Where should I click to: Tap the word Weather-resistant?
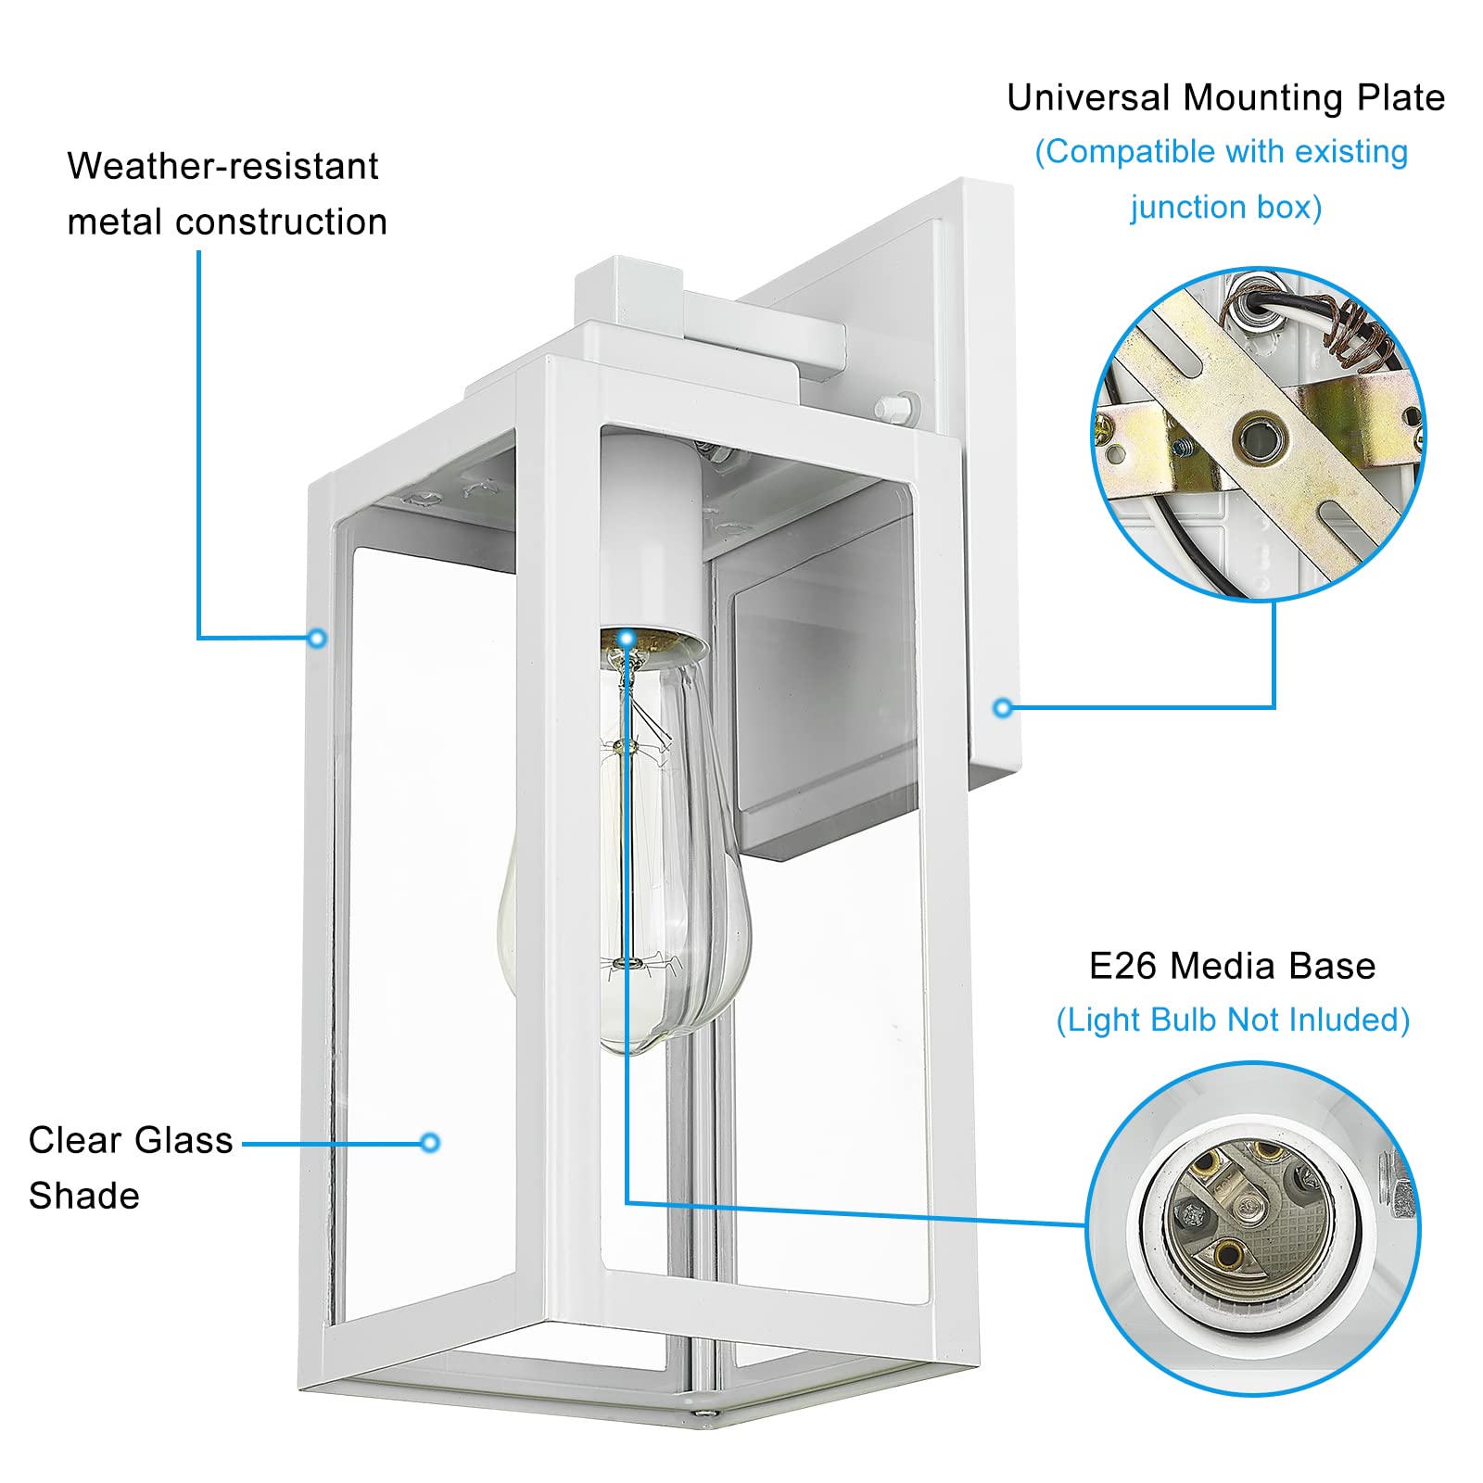222,166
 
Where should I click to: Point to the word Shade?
83,1196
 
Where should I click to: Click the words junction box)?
1225,207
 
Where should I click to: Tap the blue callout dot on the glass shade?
429,1143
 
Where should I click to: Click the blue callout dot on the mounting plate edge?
1002,708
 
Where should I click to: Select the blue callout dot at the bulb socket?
627,638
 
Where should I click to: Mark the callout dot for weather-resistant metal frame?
317,638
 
